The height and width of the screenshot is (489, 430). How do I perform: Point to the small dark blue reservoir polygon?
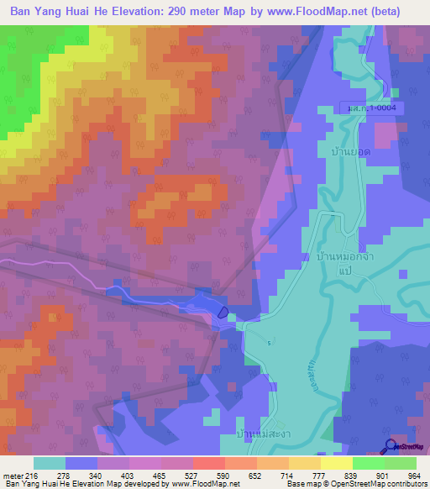[x=223, y=312]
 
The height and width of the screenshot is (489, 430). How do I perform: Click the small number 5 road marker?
[x=269, y=343]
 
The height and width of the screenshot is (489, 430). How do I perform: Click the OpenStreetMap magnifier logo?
[x=390, y=447]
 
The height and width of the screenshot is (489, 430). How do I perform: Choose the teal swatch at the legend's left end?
[x=50, y=463]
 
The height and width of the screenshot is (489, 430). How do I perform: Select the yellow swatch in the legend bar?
[x=336, y=463]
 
